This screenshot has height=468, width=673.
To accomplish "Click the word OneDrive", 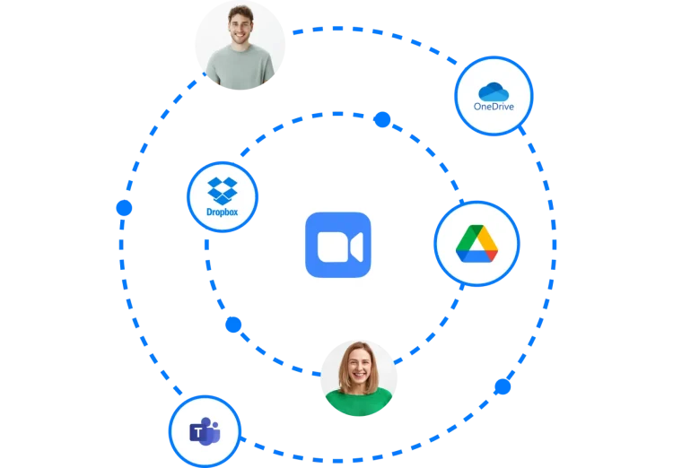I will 494,107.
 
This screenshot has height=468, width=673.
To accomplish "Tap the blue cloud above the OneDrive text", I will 494,91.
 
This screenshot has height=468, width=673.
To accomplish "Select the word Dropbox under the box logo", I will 222,212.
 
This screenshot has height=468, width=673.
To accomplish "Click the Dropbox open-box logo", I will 222,191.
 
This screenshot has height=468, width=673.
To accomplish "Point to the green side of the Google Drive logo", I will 468,238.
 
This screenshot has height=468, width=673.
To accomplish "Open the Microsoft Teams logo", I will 205,433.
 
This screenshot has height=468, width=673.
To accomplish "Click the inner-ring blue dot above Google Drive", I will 382,118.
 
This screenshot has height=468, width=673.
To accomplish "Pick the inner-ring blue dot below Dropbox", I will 234,325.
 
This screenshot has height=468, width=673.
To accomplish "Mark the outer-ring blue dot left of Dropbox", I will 124,208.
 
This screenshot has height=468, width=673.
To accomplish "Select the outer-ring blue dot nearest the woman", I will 501,387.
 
